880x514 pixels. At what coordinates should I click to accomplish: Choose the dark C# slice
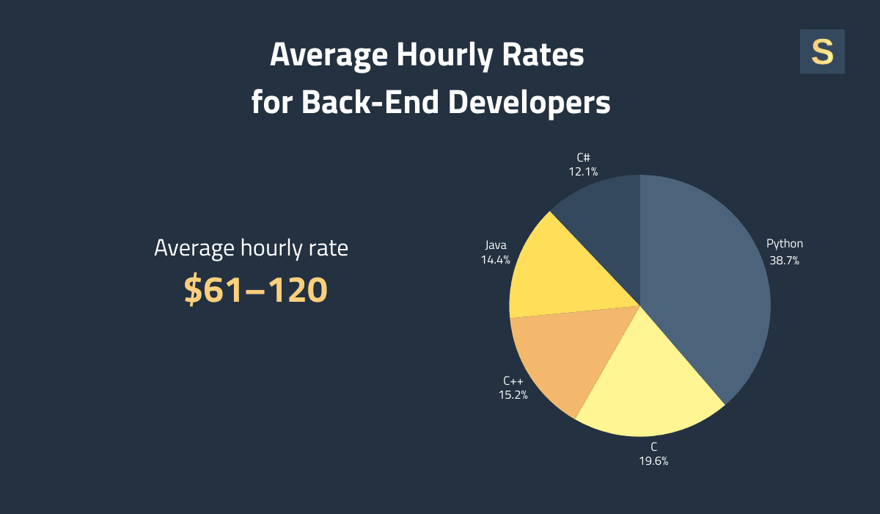tap(605, 220)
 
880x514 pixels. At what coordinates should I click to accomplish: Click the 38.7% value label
tap(784, 260)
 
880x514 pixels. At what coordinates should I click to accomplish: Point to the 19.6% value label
tap(653, 461)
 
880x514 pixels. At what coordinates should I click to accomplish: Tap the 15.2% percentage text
tap(513, 394)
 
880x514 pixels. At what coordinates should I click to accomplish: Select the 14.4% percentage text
tap(495, 259)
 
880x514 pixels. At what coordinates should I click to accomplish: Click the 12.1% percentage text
tap(583, 171)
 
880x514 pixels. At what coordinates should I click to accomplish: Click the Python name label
tap(784, 244)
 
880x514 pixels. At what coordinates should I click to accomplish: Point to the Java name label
tap(495, 244)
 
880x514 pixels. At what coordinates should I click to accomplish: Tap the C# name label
tap(583, 156)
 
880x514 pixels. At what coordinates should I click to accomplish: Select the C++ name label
tap(513, 380)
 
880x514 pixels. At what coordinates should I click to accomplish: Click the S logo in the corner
tap(822, 52)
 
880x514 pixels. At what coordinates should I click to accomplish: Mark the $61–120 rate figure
tap(254, 290)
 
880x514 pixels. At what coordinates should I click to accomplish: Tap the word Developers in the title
tap(529, 102)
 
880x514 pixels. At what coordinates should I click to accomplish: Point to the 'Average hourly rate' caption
tap(251, 248)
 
